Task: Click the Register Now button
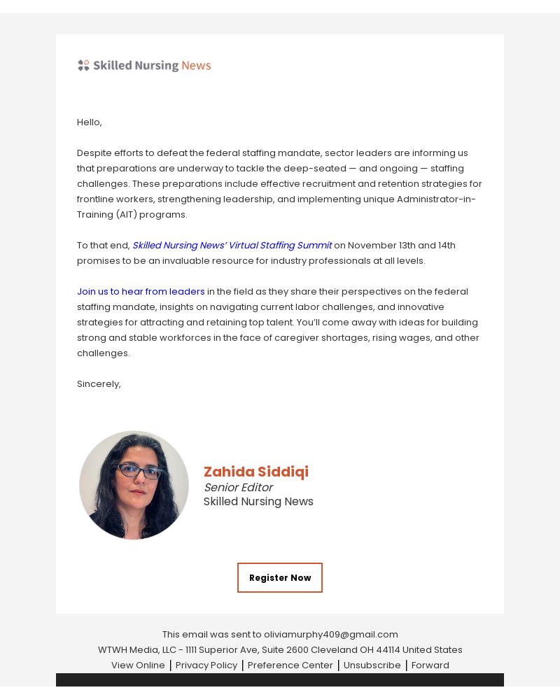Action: pyautogui.click(x=280, y=577)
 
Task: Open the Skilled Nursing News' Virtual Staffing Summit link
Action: pyautogui.click(x=232, y=245)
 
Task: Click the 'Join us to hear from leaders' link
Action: pyautogui.click(x=141, y=291)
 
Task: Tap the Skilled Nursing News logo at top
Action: pyautogui.click(x=144, y=65)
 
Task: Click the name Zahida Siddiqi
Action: pyautogui.click(x=255, y=472)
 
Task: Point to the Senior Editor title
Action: pyautogui.click(x=238, y=487)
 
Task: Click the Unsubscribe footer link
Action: pyautogui.click(x=372, y=665)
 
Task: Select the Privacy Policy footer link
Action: pyautogui.click(x=206, y=665)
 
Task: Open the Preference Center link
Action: pyautogui.click(x=290, y=665)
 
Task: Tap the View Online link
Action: pyautogui.click(x=138, y=665)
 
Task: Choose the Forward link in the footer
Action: pyautogui.click(x=430, y=665)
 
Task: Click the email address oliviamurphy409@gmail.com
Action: pyautogui.click(x=330, y=634)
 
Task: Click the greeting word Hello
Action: pyautogui.click(x=88, y=122)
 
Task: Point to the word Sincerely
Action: pyautogui.click(x=98, y=383)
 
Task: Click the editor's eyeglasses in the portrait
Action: pyautogui.click(x=139, y=471)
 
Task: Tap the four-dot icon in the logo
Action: pyautogui.click(x=83, y=65)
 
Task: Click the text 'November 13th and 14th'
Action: pyautogui.click(x=401, y=245)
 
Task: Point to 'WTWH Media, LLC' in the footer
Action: pyautogui.click(x=137, y=649)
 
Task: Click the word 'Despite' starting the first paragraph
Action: pyautogui.click(x=93, y=153)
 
